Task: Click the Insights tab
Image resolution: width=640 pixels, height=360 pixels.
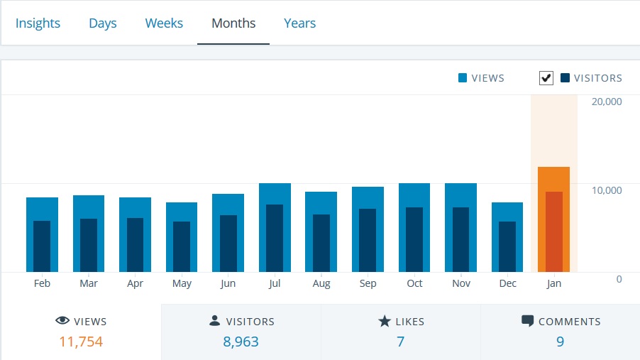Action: tap(38, 23)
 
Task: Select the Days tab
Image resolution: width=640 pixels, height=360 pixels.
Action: tap(102, 23)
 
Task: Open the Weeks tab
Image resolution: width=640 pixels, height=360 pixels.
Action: tap(164, 23)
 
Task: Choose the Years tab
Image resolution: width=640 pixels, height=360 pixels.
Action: tap(299, 23)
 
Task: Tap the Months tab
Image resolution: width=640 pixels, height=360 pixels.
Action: tap(233, 23)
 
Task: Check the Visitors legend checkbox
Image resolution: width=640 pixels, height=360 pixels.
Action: tap(546, 78)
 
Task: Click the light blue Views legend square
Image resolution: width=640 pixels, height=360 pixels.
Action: tap(463, 78)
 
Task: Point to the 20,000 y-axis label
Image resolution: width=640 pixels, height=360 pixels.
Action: tap(607, 102)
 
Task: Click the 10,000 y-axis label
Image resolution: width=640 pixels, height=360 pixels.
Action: tap(607, 190)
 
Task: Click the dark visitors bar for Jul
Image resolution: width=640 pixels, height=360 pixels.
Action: tap(275, 238)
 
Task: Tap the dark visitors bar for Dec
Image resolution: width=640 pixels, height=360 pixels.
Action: tap(507, 246)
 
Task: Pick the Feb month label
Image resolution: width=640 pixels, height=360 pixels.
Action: tap(42, 283)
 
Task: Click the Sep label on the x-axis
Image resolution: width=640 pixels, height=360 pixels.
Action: tap(368, 283)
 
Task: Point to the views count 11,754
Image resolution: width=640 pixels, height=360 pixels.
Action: tap(81, 342)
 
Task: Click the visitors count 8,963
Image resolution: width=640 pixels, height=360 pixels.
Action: tap(241, 342)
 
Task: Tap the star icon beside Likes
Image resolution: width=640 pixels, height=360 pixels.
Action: tap(385, 322)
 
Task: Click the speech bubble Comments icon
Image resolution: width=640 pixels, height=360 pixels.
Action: tap(527, 322)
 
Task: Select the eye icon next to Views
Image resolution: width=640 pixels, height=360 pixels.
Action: tap(62, 322)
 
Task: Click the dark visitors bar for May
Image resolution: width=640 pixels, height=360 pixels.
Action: tap(182, 246)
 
